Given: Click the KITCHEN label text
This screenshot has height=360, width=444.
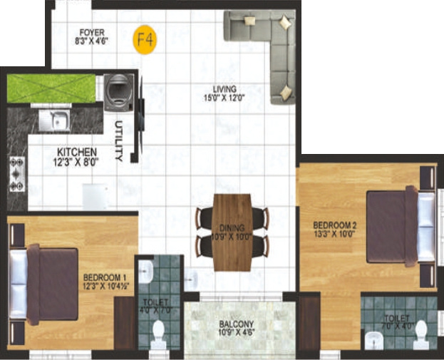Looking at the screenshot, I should coord(76,152).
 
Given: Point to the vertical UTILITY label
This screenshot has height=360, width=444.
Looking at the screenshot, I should coord(118,140).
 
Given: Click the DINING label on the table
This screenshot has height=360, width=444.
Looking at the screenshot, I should coord(232,228).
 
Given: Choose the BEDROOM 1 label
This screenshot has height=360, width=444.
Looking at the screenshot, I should coord(105,277).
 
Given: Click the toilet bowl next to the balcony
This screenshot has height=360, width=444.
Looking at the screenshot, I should coord(162,333).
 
